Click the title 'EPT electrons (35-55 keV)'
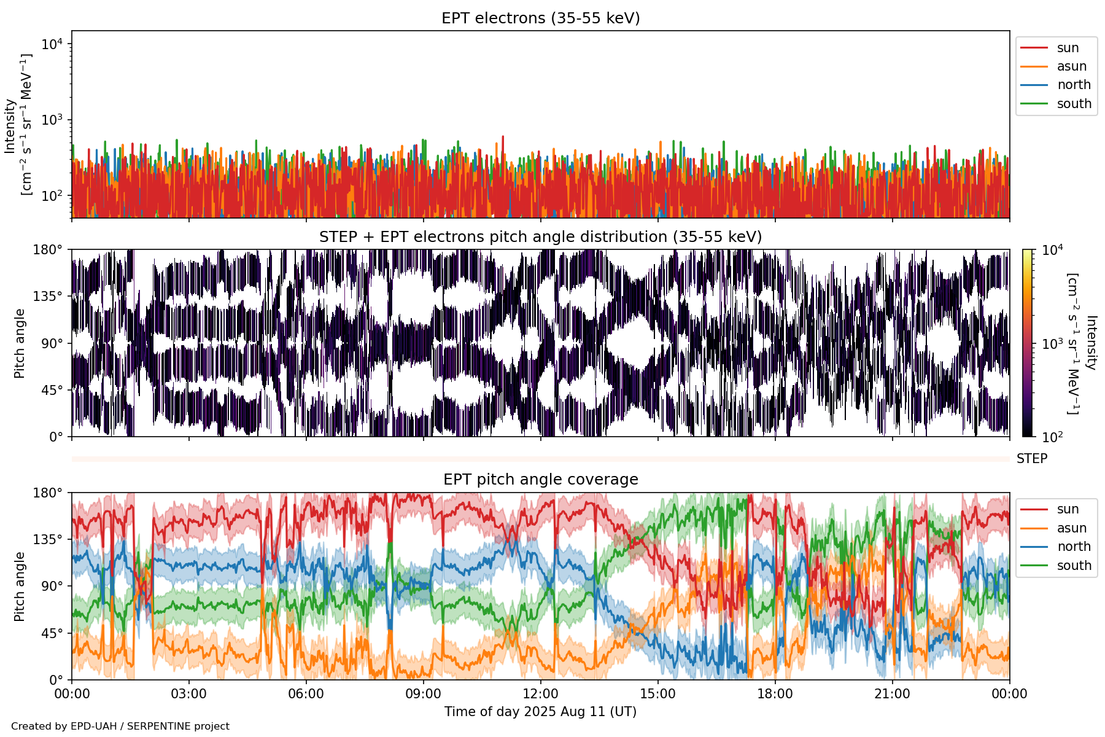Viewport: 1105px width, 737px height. coord(540,18)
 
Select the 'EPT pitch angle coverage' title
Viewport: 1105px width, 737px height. coord(540,480)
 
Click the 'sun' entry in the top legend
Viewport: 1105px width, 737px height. coord(1068,48)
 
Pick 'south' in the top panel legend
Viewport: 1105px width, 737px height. coord(1074,104)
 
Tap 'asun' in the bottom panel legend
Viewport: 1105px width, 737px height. coord(1071,528)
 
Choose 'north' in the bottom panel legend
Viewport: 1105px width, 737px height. coord(1074,547)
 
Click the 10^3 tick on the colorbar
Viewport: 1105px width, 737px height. coord(1054,344)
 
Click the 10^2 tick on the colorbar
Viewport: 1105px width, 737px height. coord(1054,437)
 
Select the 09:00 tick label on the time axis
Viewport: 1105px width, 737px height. coord(423,695)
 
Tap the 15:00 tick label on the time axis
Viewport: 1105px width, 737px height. coord(657,695)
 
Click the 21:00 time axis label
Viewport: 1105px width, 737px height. coord(892,695)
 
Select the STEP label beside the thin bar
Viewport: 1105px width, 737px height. coord(1031,459)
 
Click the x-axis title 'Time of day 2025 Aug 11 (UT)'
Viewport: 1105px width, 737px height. coord(540,712)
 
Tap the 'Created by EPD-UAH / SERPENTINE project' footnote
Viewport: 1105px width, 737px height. coord(120,726)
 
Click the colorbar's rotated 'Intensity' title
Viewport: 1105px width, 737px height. coord(1091,343)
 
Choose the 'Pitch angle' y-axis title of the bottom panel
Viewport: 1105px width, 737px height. coord(20,587)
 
